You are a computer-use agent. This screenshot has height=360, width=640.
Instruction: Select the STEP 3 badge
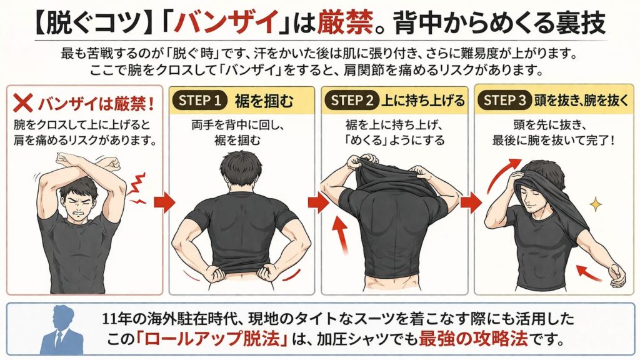(504, 101)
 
